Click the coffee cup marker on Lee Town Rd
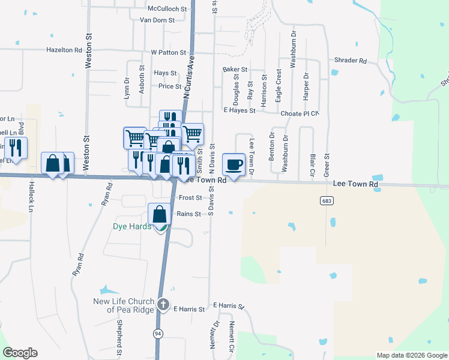point(234,164)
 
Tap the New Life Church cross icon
point(163,305)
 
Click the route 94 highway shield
point(158,333)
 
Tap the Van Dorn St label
point(157,20)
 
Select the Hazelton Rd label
point(64,50)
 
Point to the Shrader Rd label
point(351,61)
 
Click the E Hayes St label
point(240,110)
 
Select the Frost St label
point(189,197)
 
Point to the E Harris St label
point(189,309)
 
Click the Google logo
point(20,353)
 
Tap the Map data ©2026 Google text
point(412,355)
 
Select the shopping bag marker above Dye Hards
point(159,214)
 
